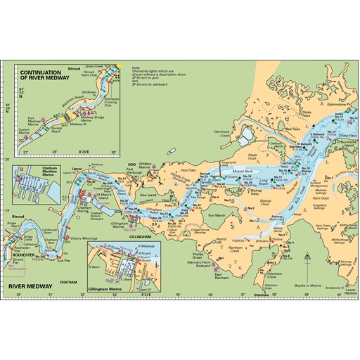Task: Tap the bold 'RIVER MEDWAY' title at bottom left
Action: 30,287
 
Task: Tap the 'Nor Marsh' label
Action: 219,215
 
